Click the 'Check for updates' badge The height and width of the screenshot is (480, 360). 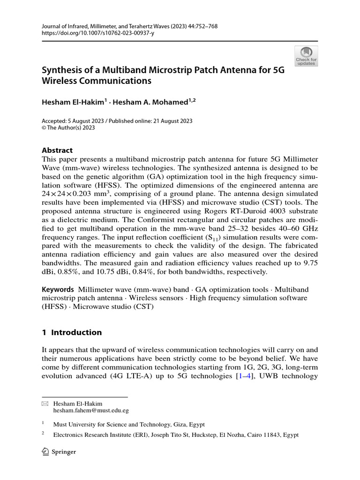point(306,56)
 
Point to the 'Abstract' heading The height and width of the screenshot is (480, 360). point(57,150)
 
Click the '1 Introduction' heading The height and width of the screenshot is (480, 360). point(72,332)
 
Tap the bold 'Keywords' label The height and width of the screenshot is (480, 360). point(58,290)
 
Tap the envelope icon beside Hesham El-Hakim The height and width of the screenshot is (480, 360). point(45,403)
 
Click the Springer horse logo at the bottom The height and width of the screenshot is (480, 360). point(46,451)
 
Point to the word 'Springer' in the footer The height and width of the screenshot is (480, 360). point(64,452)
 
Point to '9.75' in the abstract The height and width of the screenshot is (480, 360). point(310,263)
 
